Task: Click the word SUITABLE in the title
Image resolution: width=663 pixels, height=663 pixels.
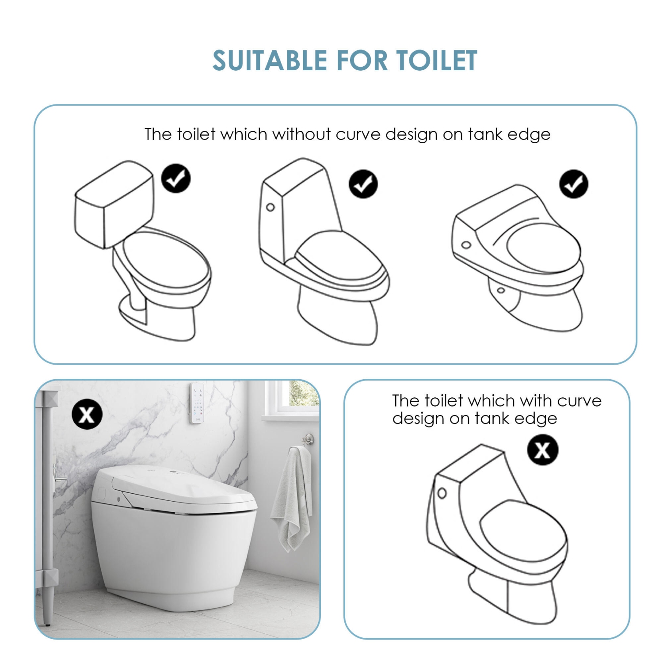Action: (x=270, y=61)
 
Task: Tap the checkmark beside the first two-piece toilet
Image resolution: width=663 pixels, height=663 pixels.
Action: (x=175, y=179)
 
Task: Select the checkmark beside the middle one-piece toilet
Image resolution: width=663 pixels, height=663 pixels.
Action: (x=363, y=184)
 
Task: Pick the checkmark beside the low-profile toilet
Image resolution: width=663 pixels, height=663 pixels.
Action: (x=573, y=184)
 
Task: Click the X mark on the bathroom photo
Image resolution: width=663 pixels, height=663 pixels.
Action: (x=87, y=414)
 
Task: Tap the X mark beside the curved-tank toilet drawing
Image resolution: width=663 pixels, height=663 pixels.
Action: (x=542, y=450)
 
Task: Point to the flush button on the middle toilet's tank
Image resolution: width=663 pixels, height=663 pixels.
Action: (x=271, y=207)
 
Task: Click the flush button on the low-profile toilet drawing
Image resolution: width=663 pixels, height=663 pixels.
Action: (x=466, y=245)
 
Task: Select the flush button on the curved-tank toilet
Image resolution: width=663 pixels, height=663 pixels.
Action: (x=442, y=493)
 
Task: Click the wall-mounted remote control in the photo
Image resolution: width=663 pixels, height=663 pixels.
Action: (x=197, y=403)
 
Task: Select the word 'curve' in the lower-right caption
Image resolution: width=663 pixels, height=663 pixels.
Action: (x=579, y=400)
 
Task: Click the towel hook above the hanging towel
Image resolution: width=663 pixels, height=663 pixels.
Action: (x=308, y=439)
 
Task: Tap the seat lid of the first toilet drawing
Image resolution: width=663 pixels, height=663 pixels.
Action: (x=166, y=259)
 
